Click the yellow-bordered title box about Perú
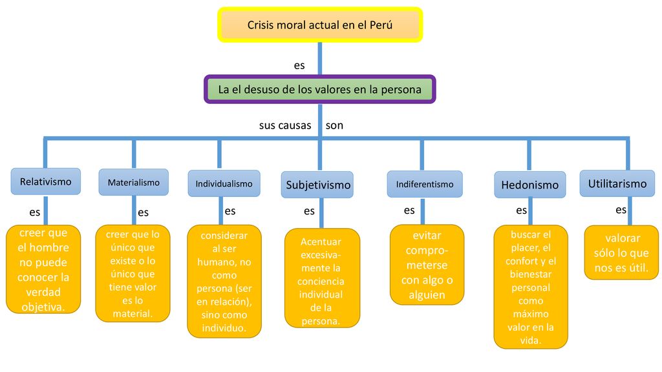pos(320,25)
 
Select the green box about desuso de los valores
pos(320,89)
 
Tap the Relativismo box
pos(46,181)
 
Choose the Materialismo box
pos(133,182)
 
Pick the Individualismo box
pos(224,183)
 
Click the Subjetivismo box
pos(317,185)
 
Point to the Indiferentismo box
pos(425,184)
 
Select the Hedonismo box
pos(530,185)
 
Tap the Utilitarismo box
pos(617,183)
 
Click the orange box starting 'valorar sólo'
pos(621,253)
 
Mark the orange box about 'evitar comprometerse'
pos(427,265)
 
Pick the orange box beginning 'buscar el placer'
pos(531,287)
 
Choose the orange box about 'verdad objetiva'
pos(43,269)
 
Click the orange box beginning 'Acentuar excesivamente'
pos(322,278)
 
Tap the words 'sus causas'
pos(285,125)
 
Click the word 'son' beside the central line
pos(334,125)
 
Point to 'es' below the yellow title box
pos(299,65)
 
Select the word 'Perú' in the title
pos(381,25)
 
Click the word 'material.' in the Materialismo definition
pos(133,314)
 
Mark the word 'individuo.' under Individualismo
pos(224,327)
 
